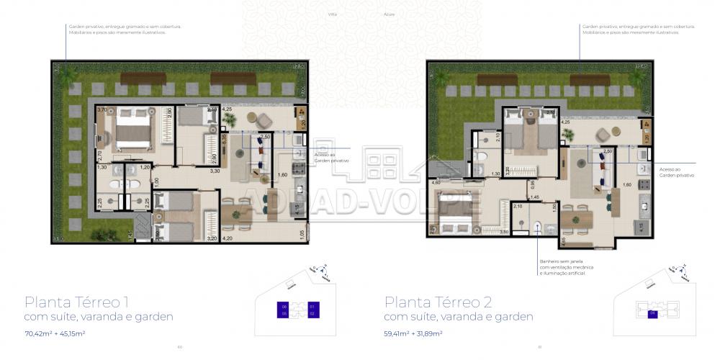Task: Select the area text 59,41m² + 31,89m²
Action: pos(413,333)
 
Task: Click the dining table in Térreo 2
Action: pos(575,217)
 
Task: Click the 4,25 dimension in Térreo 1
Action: pos(227,109)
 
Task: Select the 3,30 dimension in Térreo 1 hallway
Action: pos(214,171)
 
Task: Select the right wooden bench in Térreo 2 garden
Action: pos(590,79)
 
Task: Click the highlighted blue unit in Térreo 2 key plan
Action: pos(652,313)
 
